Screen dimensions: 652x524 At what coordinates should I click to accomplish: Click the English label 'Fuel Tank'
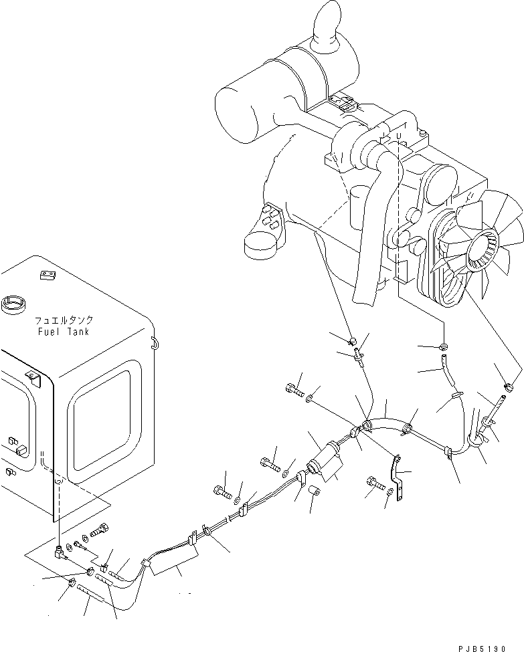tap(63, 332)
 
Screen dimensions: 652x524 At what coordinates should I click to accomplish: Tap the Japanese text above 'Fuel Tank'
tap(63, 320)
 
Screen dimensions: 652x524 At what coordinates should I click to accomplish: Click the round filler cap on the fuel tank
tap(13, 306)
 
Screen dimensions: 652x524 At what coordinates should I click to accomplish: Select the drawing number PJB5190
tap(491, 647)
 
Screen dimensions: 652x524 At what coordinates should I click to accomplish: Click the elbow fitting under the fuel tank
tap(59, 551)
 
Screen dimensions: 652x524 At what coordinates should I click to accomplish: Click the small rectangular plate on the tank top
tap(46, 274)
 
